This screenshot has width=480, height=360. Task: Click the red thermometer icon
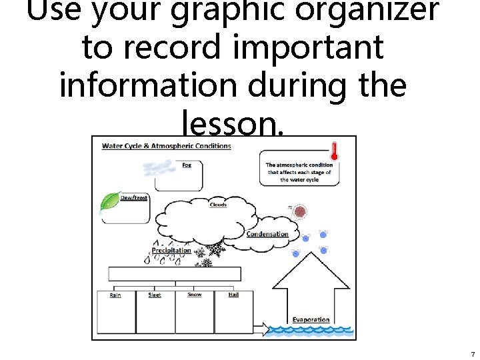(335, 151)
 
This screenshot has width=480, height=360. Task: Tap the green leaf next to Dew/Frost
(109, 203)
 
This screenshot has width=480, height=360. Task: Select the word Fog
(187, 165)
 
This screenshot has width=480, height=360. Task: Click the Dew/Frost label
(134, 198)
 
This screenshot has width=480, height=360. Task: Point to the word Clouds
(218, 205)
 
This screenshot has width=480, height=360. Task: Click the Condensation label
(267, 234)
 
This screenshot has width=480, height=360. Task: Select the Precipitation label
(171, 251)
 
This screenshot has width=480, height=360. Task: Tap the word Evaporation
(311, 319)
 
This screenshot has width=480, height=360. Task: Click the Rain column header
(115, 295)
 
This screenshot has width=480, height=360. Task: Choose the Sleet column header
(155, 295)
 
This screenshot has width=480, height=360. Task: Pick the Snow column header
(194, 294)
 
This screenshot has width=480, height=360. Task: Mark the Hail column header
(233, 294)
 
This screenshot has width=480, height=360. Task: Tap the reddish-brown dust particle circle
(301, 213)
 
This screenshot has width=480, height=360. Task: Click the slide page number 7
(472, 354)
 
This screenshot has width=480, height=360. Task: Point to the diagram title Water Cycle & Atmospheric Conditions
(166, 146)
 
